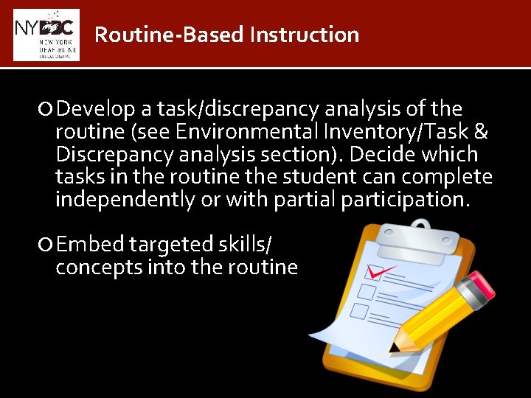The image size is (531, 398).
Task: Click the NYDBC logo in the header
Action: pos(46,35)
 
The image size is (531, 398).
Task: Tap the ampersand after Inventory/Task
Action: pos(481,133)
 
